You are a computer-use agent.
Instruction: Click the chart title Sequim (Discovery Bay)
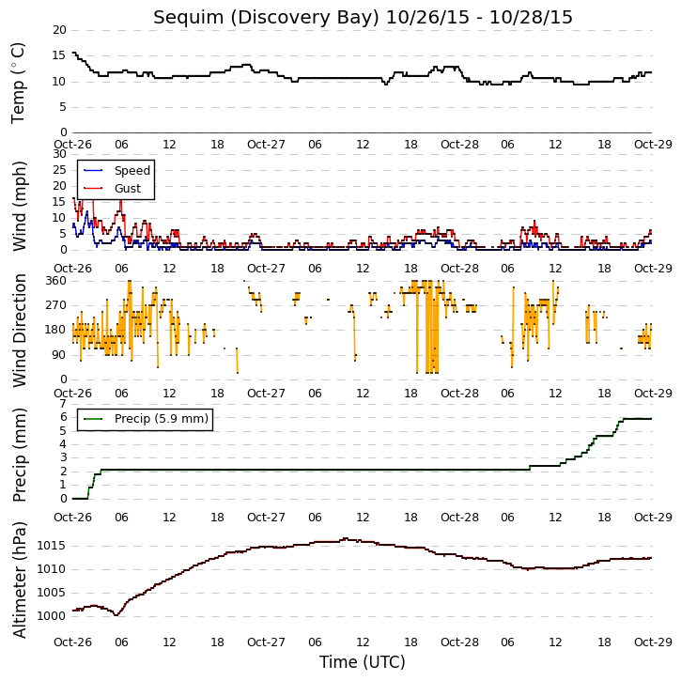tap(266, 18)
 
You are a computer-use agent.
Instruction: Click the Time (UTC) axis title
tap(363, 662)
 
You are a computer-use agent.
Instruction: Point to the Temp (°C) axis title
tap(18, 84)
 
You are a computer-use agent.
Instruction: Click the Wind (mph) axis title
tap(19, 207)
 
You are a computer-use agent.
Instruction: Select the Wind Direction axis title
tap(19, 331)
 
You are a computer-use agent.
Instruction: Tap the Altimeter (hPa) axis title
tap(19, 580)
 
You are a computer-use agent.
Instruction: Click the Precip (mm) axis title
tap(19, 456)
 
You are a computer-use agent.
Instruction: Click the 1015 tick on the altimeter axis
tap(52, 546)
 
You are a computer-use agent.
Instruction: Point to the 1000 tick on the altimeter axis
tap(52, 616)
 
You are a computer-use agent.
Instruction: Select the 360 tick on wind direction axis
tap(56, 281)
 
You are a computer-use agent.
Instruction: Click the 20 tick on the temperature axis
tap(59, 30)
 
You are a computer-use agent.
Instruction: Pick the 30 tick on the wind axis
tap(59, 154)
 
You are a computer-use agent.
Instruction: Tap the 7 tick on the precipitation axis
tap(64, 404)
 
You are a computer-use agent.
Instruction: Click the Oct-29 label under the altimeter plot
tap(653, 642)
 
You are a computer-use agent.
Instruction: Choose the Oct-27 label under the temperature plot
tap(266, 145)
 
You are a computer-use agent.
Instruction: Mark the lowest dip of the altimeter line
tap(116, 614)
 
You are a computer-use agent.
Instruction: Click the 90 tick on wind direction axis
tap(59, 355)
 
